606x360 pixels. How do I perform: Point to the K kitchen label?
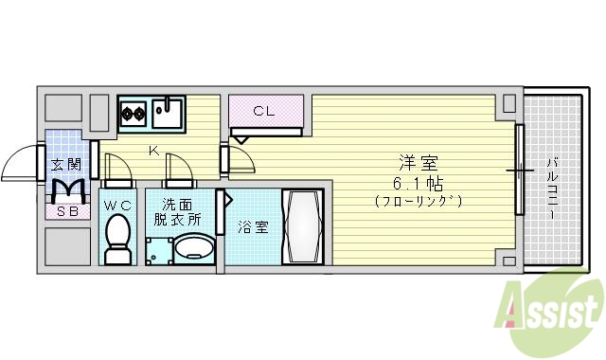coord(152,150)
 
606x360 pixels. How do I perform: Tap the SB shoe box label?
coord(66,210)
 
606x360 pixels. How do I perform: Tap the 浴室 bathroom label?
coord(253,227)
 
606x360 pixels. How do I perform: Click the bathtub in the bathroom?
coord(304,228)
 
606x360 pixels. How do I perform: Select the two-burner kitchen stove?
coord(133,115)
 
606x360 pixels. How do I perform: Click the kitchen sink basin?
coord(167,114)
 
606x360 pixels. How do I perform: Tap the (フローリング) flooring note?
coord(418,201)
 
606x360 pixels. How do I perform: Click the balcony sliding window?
coord(519,171)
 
